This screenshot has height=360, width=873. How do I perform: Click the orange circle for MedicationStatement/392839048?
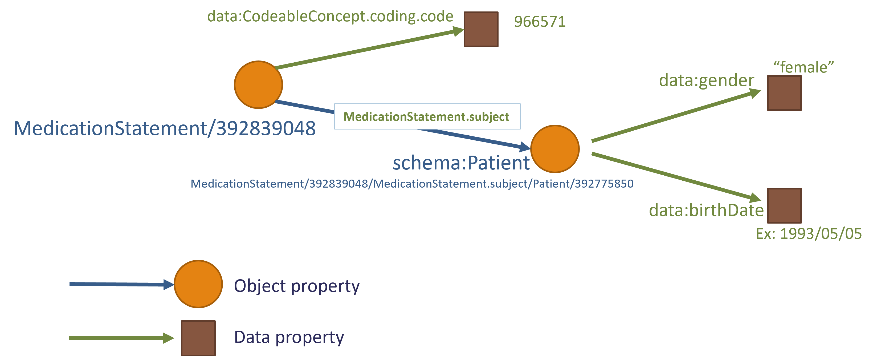[x=258, y=85]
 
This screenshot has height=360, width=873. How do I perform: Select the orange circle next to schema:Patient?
[x=555, y=149]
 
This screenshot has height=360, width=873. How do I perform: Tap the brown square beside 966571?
[x=481, y=29]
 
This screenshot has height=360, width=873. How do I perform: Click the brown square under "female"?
[x=784, y=93]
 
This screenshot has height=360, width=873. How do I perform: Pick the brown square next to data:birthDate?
[x=784, y=205]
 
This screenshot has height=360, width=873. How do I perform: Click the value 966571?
[x=540, y=22]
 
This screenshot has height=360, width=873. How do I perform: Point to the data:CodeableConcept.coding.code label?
[x=330, y=16]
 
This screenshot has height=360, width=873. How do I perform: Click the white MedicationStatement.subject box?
[x=427, y=116]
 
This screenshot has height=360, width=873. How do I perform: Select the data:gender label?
[x=706, y=80]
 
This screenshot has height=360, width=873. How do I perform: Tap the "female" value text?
[x=803, y=67]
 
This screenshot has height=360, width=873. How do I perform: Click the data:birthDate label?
[x=706, y=210]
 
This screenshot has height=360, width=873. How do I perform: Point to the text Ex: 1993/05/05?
[x=809, y=233]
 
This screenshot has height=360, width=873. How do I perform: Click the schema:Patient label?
[x=461, y=163]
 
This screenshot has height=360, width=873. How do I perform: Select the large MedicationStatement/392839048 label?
[x=165, y=128]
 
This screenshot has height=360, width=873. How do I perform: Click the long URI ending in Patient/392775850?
[x=412, y=184]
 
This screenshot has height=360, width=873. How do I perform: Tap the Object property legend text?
[x=296, y=286]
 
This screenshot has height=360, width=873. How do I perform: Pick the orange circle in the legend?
[x=198, y=284]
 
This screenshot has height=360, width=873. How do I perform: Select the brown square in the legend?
[x=198, y=338]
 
